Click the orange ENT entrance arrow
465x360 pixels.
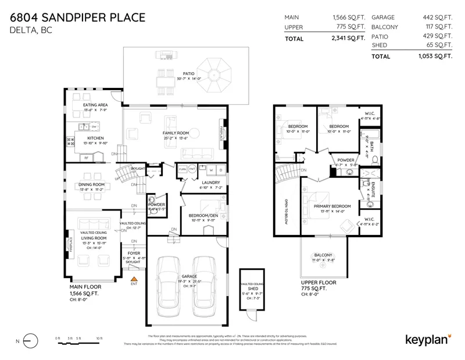(134, 279)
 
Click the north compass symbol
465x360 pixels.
(30, 341)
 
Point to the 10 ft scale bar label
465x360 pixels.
(99, 338)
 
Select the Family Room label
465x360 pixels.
(175, 133)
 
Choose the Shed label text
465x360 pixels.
(253, 288)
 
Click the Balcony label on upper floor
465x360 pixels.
(323, 255)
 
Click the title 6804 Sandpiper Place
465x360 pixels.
(77, 17)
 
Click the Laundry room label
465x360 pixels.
(203, 183)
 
